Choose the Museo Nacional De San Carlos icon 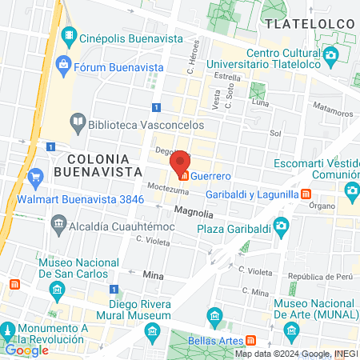tap(56, 288)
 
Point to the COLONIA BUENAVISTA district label tap(104, 163)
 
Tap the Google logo tap(26, 350)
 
